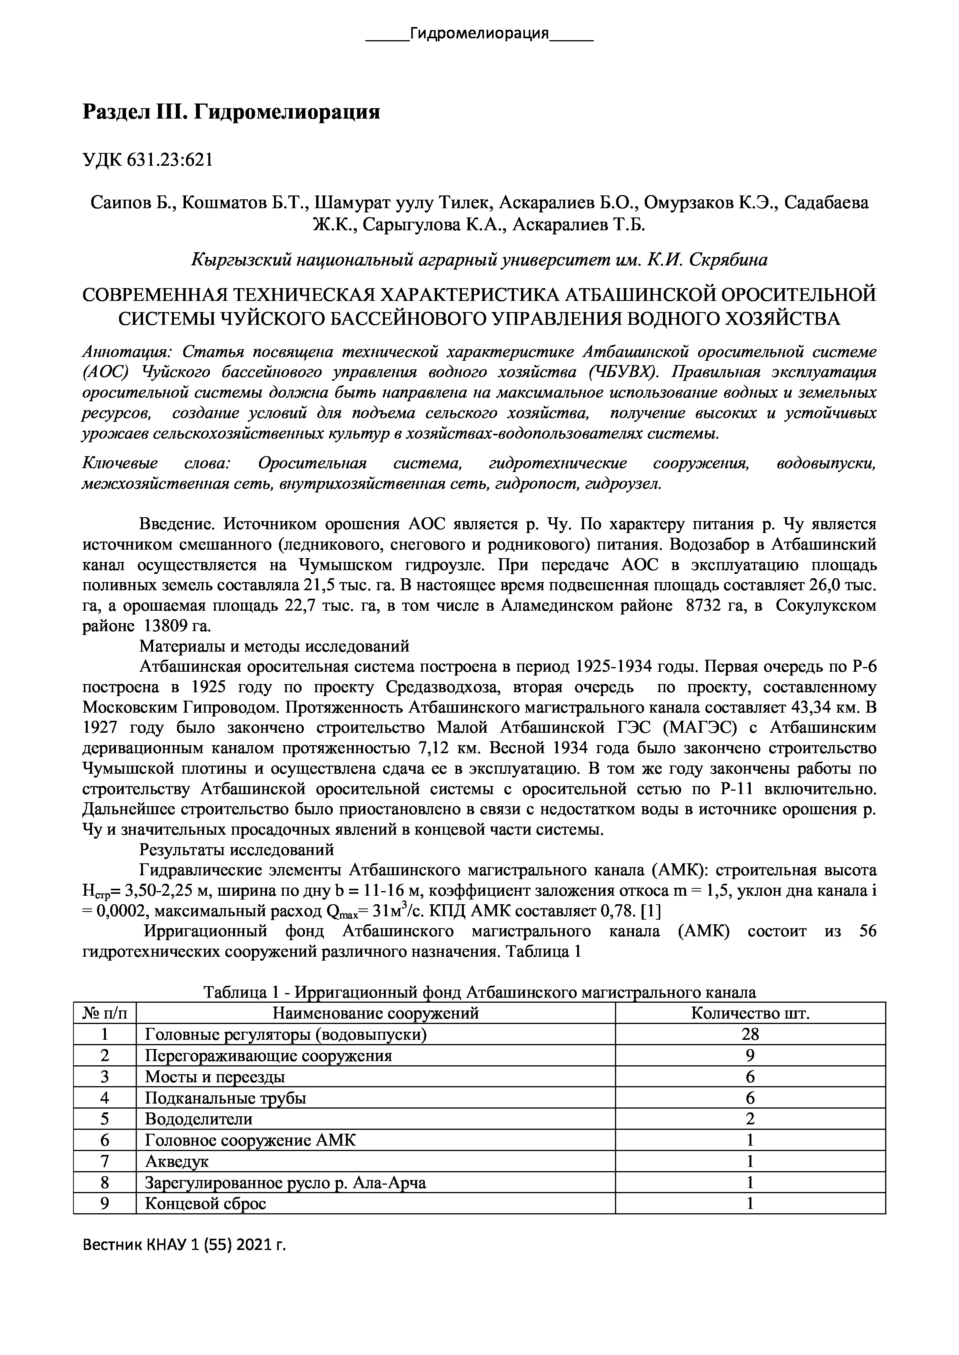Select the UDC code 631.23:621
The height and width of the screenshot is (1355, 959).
pyautogui.click(x=168, y=160)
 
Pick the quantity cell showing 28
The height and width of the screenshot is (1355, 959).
pyautogui.click(x=750, y=1034)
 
